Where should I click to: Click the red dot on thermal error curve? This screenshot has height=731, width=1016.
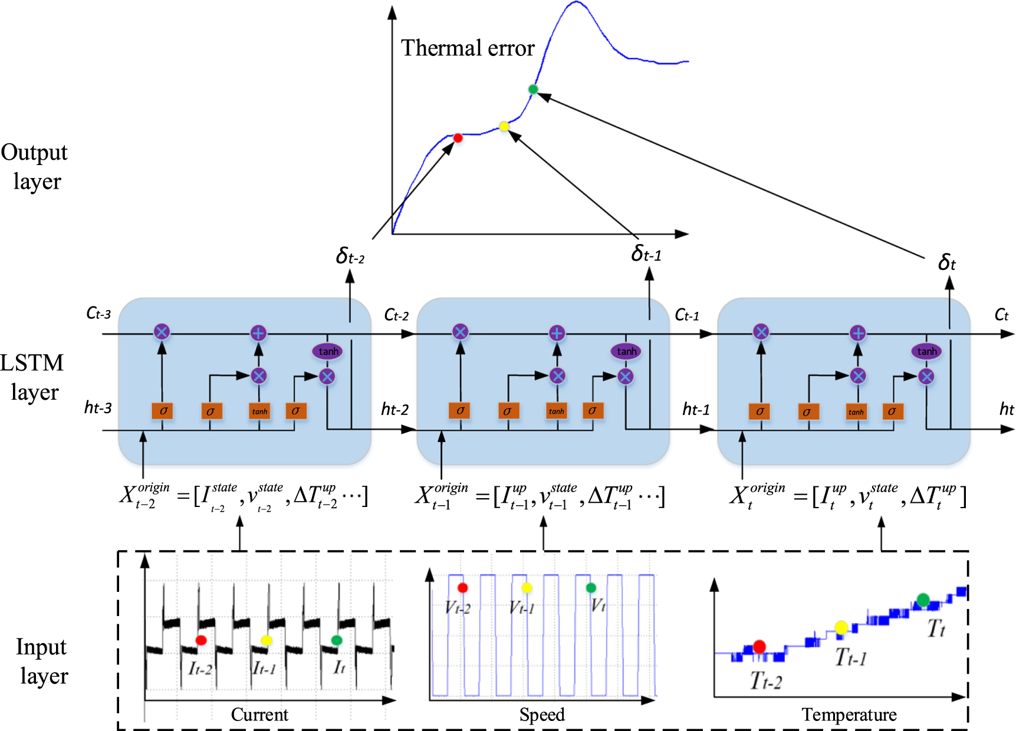coord(458,138)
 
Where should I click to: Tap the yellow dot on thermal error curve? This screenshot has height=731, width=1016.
coord(504,126)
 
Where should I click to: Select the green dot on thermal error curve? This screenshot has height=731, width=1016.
coord(533,90)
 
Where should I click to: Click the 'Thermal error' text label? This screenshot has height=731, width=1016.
coord(468,48)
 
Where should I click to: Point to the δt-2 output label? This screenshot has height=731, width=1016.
coord(350,256)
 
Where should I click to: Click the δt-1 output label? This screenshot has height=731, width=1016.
coord(646,254)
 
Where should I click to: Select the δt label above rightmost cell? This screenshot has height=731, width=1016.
coord(946,262)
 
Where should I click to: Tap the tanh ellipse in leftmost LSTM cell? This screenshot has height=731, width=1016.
coord(328,351)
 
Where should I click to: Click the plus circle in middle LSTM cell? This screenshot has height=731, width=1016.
coord(557,333)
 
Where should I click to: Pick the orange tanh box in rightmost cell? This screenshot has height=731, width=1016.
coord(856,411)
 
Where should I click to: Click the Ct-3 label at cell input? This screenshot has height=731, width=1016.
coord(98,313)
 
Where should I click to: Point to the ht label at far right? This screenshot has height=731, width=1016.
coord(1006,409)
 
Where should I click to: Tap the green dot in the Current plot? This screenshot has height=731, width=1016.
coord(337,640)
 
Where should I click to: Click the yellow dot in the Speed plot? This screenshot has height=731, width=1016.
coord(527,588)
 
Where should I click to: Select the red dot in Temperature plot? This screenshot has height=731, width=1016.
coord(759,647)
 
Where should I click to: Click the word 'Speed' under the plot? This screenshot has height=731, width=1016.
coord(542,714)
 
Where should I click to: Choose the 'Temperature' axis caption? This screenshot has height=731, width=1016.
coord(849,714)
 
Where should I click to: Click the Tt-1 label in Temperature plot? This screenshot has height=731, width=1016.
coord(850,657)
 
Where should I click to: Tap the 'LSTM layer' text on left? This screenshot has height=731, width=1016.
coord(34,377)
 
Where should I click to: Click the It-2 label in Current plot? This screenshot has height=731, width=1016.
coord(200,669)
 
